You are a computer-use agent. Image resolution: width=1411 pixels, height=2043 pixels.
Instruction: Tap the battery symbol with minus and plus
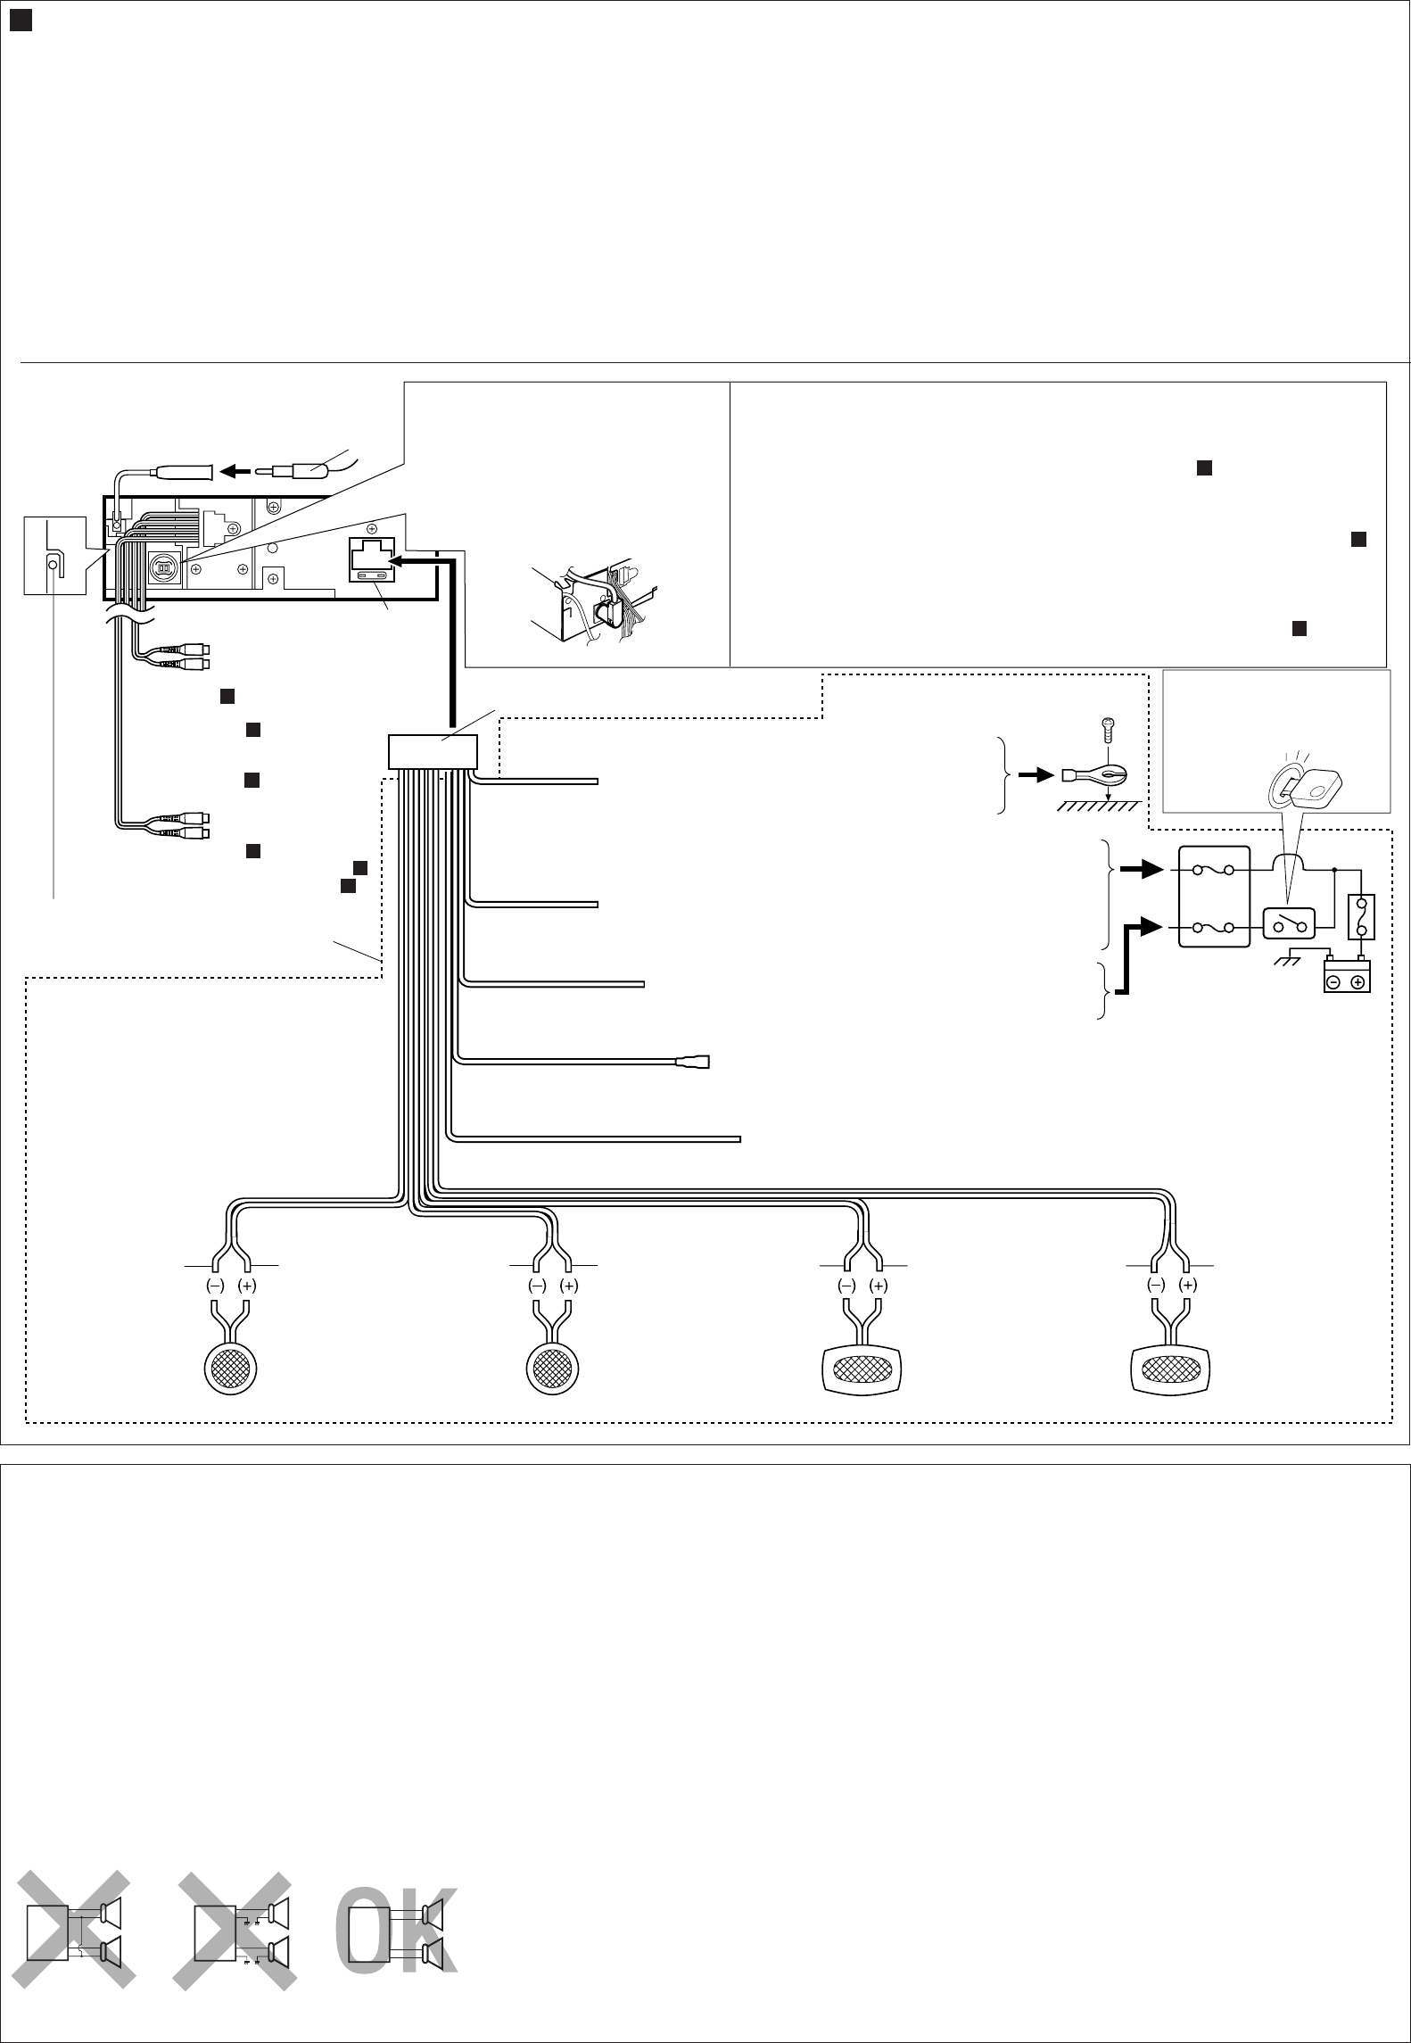click(x=1346, y=975)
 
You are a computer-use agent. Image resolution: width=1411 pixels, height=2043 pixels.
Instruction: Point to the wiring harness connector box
click(x=433, y=751)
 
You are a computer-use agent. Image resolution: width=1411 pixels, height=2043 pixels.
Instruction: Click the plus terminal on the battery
click(x=1357, y=982)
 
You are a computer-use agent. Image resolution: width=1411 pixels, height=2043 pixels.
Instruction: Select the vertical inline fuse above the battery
click(x=1362, y=918)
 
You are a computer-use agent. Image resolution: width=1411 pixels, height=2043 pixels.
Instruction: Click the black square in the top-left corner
click(x=21, y=21)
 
